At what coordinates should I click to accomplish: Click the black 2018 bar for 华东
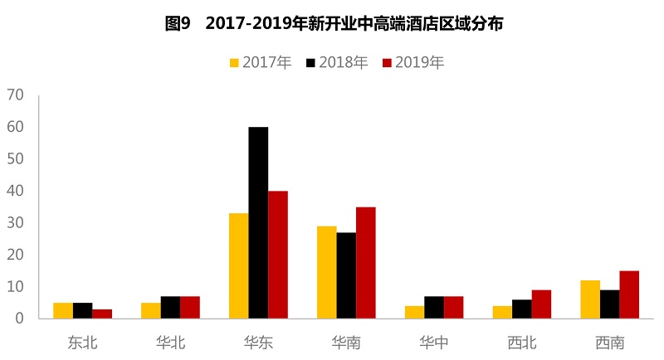pos(258,222)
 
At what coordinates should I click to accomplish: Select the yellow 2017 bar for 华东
pos(238,265)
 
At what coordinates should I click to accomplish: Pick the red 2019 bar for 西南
pos(629,294)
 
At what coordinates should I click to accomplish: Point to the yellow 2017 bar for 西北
pos(502,312)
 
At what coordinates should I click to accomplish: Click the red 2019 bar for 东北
pos(102,314)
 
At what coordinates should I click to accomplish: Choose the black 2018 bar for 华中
pos(434,307)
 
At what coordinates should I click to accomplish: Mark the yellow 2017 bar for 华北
pos(150,310)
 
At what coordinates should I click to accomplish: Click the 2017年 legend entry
pos(260,62)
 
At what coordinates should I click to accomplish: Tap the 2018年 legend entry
pos(336,62)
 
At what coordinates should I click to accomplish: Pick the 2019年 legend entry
pos(413,62)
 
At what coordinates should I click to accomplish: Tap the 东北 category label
pos(82,342)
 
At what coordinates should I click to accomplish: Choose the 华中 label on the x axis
pos(434,342)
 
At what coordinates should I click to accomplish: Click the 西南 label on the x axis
pos(610,342)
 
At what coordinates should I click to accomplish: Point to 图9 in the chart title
pos(178,24)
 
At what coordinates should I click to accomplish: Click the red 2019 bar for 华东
pos(277,255)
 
